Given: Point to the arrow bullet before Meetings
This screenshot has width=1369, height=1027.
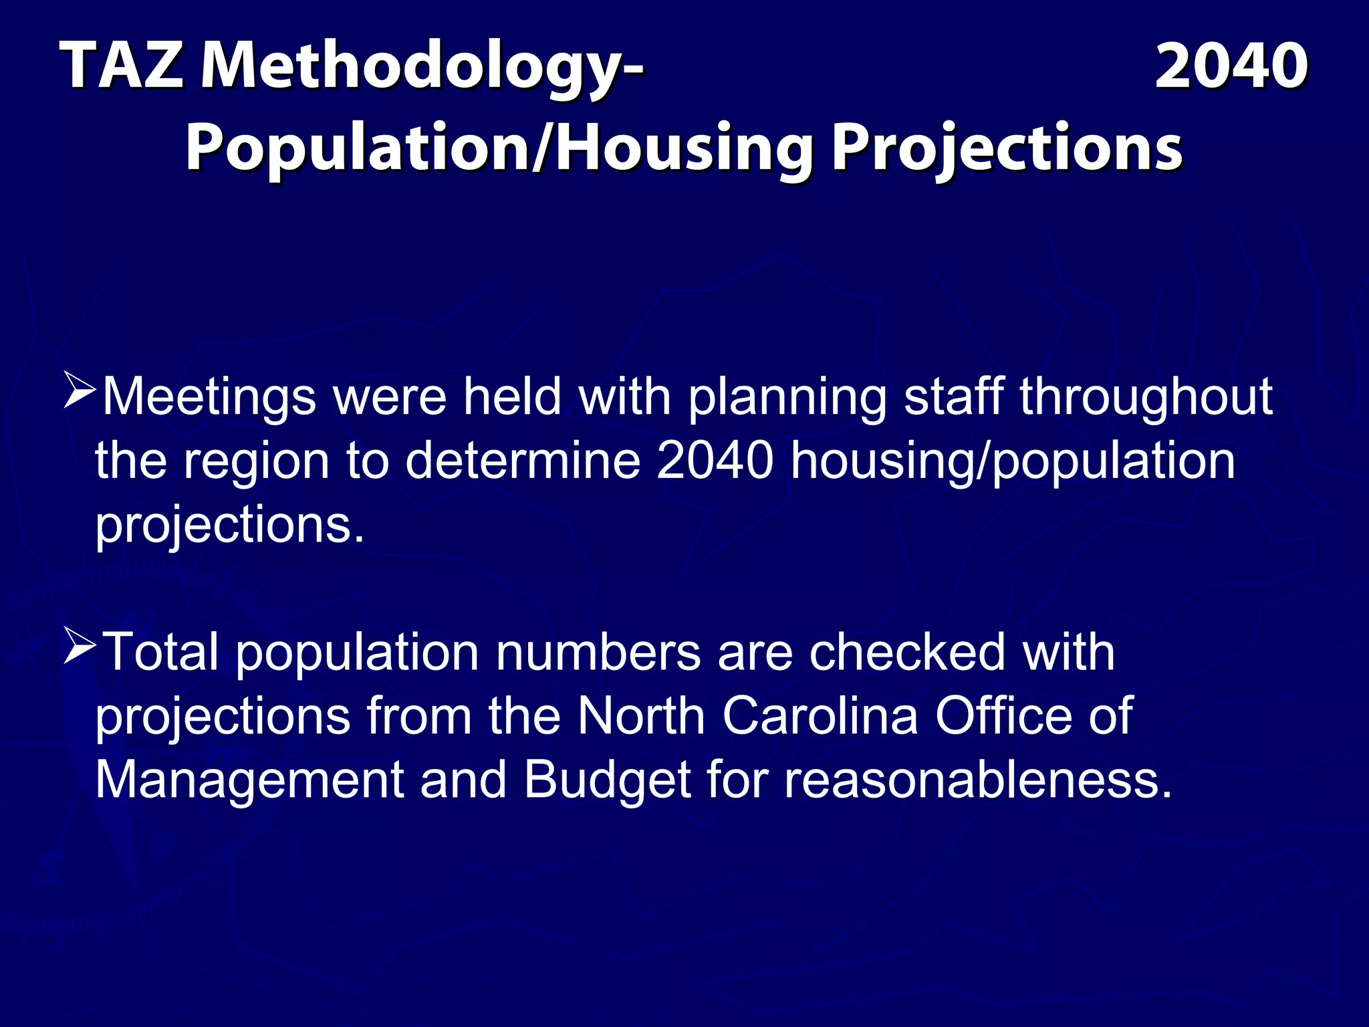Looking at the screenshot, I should [x=81, y=392].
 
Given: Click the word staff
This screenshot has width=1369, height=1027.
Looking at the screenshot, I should [x=953, y=397].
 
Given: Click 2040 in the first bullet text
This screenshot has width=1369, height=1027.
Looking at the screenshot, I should [x=715, y=461].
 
